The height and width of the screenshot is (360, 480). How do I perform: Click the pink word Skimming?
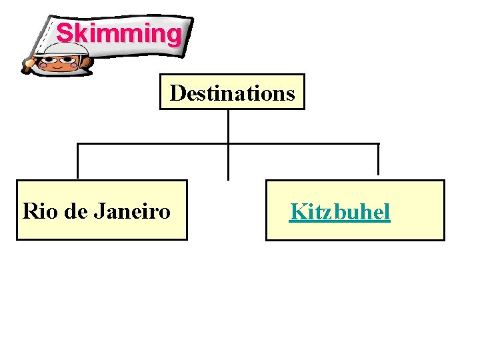coord(118,33)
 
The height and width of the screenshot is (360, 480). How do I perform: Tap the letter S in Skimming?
coord(65,33)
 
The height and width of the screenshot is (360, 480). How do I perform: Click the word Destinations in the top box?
coord(232,93)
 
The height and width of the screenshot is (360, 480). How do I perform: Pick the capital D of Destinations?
coord(177,93)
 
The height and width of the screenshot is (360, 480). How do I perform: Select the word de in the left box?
coord(77,211)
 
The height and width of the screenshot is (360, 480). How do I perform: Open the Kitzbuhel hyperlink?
coord(339,212)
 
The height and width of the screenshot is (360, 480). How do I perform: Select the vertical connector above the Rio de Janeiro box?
coord(78,161)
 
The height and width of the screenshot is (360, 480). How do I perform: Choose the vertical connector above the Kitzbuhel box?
coord(378,159)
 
